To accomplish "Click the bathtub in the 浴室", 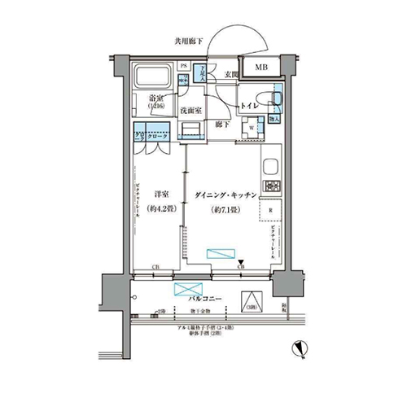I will (x=152, y=78).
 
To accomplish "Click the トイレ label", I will (x=249, y=105).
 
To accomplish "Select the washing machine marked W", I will (x=252, y=127).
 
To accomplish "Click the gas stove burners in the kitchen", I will (x=270, y=186).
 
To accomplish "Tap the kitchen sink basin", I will (x=272, y=155).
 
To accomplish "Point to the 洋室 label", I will (x=160, y=195).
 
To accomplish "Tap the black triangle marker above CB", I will (x=241, y=260).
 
